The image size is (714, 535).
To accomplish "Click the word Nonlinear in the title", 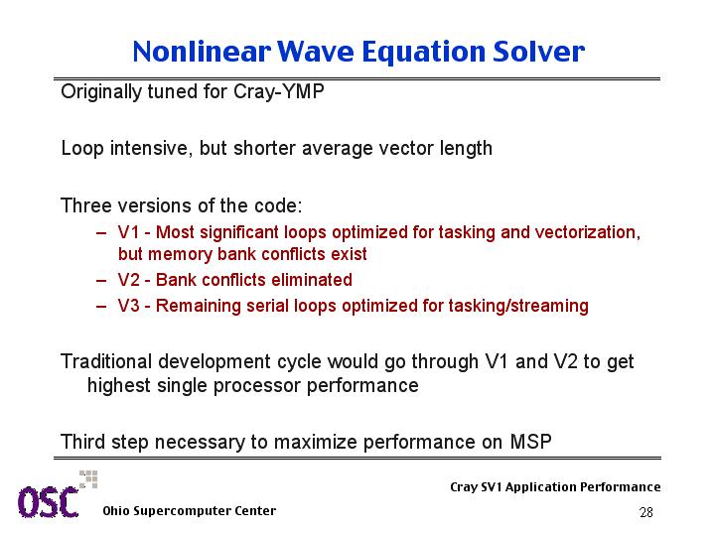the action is [202, 51].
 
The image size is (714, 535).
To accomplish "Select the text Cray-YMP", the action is [279, 92].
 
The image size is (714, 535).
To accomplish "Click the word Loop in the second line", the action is [82, 149].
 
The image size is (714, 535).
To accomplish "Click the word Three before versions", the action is [86, 205].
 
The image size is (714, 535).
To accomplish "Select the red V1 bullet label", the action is [128, 232].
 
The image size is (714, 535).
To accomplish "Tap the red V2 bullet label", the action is [128, 280].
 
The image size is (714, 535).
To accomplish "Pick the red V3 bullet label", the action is [128, 306].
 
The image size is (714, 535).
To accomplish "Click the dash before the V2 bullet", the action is [101, 281].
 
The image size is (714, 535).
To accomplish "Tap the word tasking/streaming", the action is [518, 306].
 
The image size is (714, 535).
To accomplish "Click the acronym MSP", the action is [530, 442].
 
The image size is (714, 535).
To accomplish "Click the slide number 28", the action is [646, 513].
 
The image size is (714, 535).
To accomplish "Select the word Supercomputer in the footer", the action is [182, 511].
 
